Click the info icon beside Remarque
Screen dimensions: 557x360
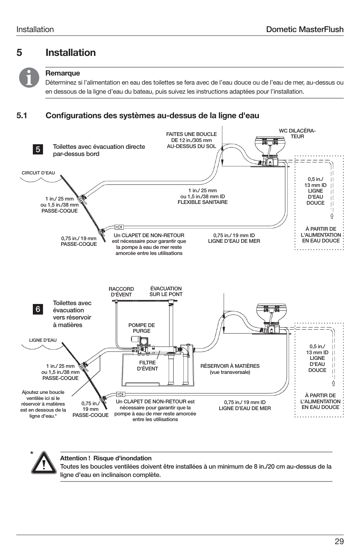pos(29,78)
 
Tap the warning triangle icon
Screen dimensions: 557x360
pos(44,463)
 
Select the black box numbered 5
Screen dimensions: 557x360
pos(38,150)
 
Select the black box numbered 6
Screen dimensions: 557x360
pos(38,309)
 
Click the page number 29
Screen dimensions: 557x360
pos(339,542)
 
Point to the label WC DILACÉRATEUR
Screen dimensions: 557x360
pos(297,134)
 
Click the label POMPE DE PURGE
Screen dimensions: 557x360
pos(142,328)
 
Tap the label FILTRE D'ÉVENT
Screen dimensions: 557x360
pos(147,366)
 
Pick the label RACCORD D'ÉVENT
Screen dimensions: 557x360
pos(121,292)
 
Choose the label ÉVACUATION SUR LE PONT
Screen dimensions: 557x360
pos(166,291)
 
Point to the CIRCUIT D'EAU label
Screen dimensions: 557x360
pos(38,173)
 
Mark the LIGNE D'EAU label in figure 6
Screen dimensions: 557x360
pos(43,340)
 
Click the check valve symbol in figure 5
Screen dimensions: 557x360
pos(118,227)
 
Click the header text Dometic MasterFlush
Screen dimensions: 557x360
pos(305,29)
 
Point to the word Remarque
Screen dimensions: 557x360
pos(63,73)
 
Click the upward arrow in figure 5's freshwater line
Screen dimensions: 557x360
pos(332,216)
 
